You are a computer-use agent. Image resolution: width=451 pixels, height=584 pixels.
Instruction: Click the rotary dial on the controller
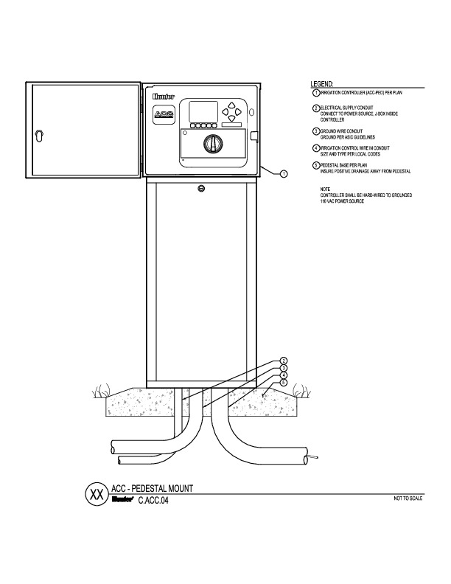click(214, 144)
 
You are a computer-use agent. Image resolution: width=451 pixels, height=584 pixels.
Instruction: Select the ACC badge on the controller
click(164, 114)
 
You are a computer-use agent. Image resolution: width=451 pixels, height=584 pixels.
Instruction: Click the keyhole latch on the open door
click(40, 136)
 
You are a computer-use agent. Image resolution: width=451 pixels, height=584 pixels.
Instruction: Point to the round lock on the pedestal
click(201, 190)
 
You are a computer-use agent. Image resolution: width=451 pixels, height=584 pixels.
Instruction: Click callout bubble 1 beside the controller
click(284, 174)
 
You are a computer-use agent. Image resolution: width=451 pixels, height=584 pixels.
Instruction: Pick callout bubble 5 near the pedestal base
click(284, 383)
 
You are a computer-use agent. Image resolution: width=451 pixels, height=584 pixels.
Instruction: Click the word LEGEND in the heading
click(322, 84)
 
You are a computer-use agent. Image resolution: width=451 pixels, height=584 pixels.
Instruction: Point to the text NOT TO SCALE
click(409, 499)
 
